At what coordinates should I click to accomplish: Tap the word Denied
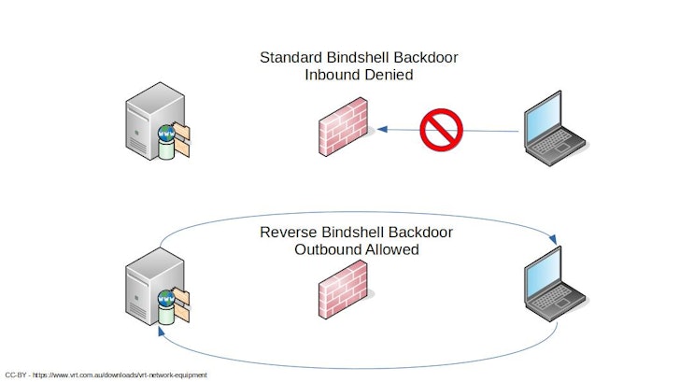387,76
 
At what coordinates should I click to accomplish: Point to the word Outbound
326,249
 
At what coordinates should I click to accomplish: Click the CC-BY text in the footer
16,375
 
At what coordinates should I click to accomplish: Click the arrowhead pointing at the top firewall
382,131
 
